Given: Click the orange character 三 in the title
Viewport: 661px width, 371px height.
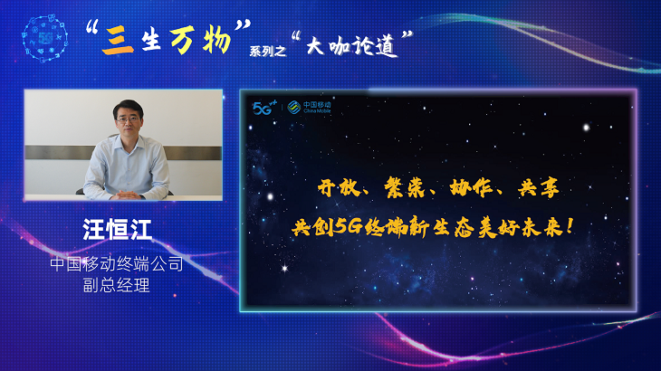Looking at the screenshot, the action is coord(118,41).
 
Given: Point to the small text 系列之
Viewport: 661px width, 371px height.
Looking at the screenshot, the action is coord(268,52).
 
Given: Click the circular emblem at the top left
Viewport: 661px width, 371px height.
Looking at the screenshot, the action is coord(44,38).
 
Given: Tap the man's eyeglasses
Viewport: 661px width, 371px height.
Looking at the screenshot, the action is coord(128,119).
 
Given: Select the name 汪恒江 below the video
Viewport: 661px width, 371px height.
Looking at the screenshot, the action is coord(117,230).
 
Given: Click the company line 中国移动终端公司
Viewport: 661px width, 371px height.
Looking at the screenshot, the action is coord(117,264).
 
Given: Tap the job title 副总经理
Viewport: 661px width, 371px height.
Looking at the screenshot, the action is coord(116,285).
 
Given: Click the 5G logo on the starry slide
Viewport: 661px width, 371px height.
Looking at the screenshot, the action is coord(264,108).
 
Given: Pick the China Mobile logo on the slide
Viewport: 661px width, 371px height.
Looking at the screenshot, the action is coord(309,107).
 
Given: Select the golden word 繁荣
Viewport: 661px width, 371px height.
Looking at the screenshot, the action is coord(404,188).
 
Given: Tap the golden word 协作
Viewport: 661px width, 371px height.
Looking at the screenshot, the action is coord(471,188).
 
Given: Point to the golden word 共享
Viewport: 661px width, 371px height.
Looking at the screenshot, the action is coord(539,188).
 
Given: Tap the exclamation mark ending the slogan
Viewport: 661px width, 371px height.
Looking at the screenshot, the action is coord(570,226).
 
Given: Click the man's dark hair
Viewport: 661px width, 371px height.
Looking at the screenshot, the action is coord(129,107).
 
